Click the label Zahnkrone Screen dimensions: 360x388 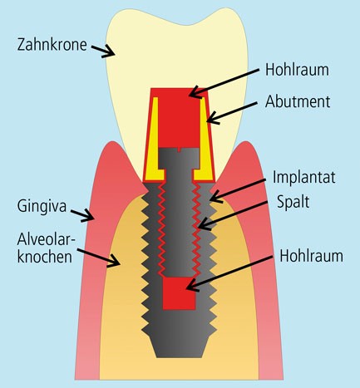click(x=52, y=45)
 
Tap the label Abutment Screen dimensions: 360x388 click(x=298, y=101)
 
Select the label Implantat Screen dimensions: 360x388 click(x=304, y=177)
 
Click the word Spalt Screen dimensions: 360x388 click(x=293, y=202)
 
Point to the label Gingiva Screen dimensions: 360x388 click(x=42, y=207)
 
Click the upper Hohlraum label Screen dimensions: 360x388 click(x=297, y=70)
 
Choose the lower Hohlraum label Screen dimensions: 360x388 click(x=311, y=256)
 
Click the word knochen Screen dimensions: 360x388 click(x=45, y=257)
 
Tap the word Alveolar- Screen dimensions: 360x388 click(x=47, y=239)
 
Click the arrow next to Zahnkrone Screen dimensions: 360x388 click(x=103, y=51)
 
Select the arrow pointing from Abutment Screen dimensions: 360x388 click(x=232, y=112)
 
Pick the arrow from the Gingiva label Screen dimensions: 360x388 click(x=82, y=215)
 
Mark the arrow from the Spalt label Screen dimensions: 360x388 click(x=232, y=214)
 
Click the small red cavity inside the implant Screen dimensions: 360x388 click(x=179, y=293)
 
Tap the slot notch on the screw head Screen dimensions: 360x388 click(x=180, y=150)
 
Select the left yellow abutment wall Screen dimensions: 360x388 click(x=155, y=139)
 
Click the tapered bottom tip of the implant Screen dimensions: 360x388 click(x=179, y=346)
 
